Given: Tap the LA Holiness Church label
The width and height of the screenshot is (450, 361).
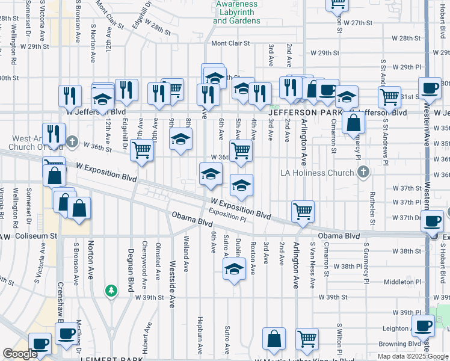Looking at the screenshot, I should (x=318, y=173).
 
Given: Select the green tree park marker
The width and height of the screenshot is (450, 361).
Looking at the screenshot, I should (x=111, y=291).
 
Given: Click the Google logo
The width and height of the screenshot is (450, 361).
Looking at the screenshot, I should (x=19, y=354).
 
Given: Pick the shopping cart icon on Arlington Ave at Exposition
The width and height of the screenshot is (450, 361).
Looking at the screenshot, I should (x=302, y=211).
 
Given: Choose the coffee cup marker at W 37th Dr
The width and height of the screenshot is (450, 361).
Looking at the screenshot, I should (x=432, y=221).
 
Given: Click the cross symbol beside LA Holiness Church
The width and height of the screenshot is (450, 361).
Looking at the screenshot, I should (x=363, y=173).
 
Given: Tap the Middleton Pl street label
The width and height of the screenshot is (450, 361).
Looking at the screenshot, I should (x=400, y=282).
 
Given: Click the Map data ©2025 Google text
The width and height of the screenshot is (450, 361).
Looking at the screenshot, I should (x=412, y=356).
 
